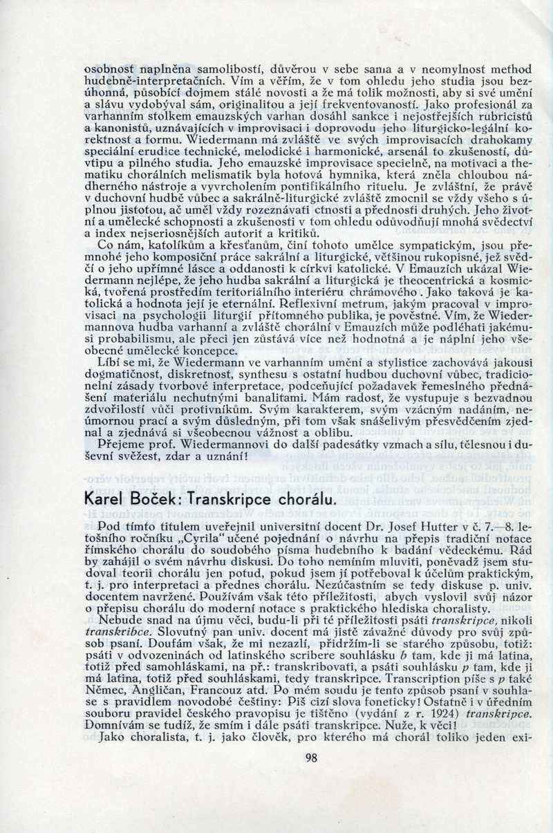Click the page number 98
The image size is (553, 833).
tap(311, 758)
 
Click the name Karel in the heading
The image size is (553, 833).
tap(105, 498)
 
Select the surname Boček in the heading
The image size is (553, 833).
tap(156, 498)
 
